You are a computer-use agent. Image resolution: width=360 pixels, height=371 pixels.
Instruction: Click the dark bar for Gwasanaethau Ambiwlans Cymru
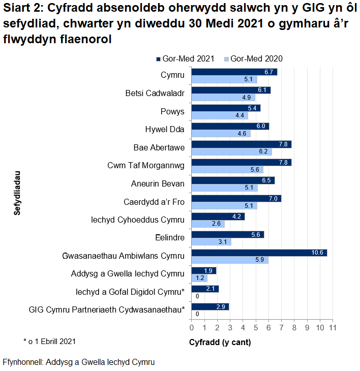coord(259,253)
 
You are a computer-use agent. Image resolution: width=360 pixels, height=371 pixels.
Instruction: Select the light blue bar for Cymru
coord(224,79)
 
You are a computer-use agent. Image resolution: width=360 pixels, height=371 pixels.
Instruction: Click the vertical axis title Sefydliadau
coord(17,194)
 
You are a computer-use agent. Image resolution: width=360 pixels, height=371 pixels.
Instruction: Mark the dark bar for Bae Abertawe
coord(241,144)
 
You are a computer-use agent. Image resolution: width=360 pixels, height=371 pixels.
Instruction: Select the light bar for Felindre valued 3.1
coord(211,241)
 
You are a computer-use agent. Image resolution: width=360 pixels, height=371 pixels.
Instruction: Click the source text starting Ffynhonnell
coord(78,362)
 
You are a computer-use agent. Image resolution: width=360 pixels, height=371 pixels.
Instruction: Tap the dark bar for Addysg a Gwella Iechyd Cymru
coord(203,270)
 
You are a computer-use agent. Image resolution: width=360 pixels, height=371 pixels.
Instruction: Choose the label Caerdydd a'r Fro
coord(154,202)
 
